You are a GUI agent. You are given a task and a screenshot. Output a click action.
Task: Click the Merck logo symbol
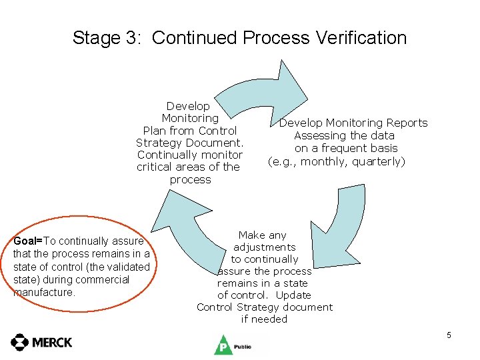(x=19, y=342)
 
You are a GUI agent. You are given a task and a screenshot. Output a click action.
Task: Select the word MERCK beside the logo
(x=51, y=343)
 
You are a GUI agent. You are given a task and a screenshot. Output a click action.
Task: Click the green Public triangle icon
(x=221, y=345)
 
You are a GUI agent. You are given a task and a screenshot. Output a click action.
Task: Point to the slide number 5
(x=449, y=335)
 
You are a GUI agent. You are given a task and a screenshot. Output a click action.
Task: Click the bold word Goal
(x=27, y=241)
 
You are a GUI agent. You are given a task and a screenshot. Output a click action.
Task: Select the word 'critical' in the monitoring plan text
(x=156, y=167)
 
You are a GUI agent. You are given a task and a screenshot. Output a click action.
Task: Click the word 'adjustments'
(x=264, y=247)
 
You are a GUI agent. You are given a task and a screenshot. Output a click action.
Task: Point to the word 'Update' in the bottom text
(x=293, y=295)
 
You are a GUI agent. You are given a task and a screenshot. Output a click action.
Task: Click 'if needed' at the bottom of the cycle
(x=264, y=319)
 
